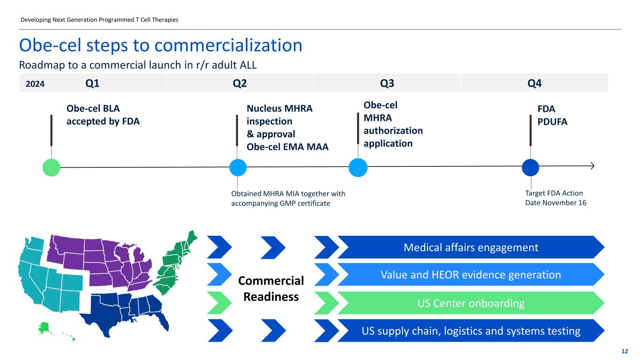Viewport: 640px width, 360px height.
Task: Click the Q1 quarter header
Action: click(92, 83)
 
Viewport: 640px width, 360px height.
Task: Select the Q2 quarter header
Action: click(240, 83)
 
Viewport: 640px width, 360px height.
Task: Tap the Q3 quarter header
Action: click(387, 83)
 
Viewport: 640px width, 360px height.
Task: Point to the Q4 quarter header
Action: click(535, 83)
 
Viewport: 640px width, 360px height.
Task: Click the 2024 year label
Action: click(35, 84)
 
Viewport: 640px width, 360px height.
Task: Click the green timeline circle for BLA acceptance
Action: click(51, 167)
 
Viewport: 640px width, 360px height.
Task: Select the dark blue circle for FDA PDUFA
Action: click(530, 167)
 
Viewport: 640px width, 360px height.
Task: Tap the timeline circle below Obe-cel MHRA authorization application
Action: click(358, 167)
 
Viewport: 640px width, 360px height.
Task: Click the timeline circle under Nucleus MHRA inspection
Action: click(238, 167)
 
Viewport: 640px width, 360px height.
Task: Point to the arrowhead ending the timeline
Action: click(592, 166)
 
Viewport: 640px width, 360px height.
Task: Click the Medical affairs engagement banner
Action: click(471, 247)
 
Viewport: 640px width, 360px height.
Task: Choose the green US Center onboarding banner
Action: click(471, 303)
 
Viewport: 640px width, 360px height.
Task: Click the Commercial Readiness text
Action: click(271, 289)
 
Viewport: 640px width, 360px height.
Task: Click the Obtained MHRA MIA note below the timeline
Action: click(288, 198)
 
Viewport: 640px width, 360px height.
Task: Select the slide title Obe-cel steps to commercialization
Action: click(160, 45)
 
